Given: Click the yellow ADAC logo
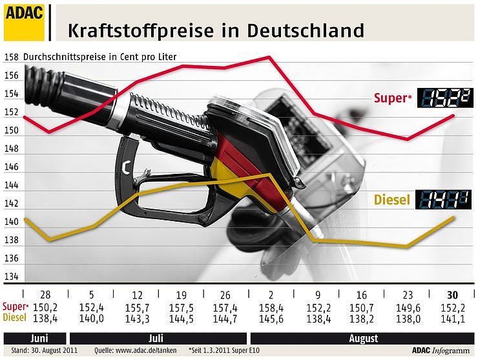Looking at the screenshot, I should pos(24,21).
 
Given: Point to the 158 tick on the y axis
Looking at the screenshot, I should pos(12,57).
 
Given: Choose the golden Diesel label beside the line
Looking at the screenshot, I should pos(392,200).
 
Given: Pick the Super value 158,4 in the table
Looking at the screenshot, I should pos(269,307).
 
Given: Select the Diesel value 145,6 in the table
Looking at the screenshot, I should pos(269,317).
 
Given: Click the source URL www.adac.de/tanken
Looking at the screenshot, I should pos(132,351).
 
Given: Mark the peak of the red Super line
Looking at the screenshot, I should pos(269,57).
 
